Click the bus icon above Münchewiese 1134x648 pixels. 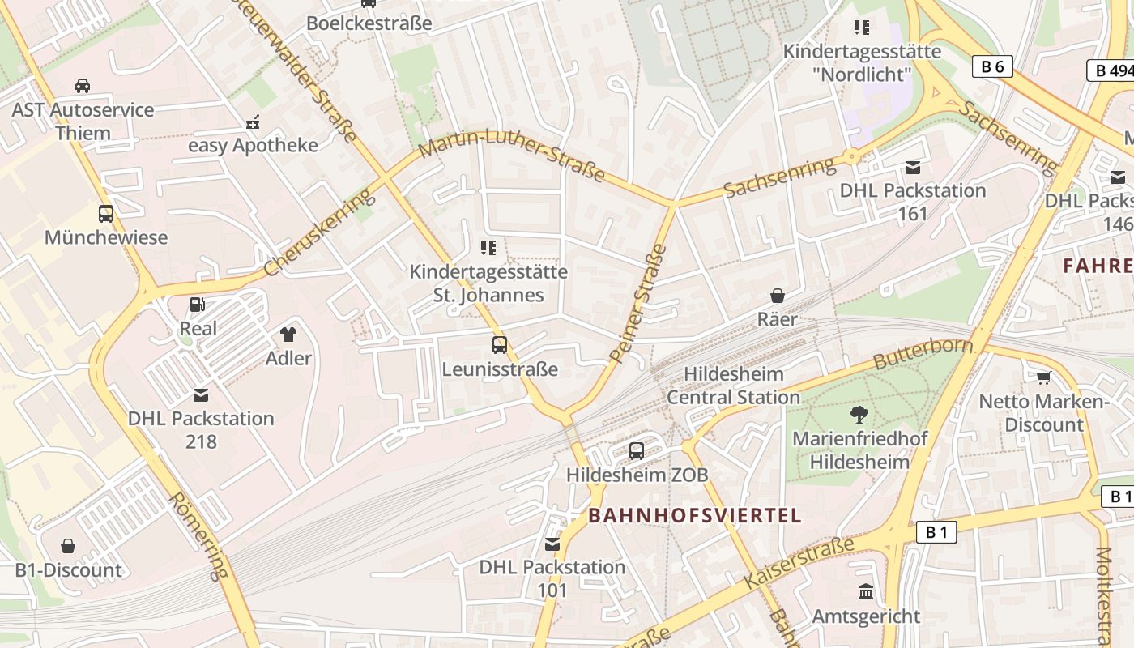point(106,214)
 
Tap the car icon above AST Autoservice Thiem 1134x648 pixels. point(83,86)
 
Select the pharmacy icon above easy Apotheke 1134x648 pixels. point(253,122)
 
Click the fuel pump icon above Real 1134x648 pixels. point(197,305)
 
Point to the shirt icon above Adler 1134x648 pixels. point(288,334)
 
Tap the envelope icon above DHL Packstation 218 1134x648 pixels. point(201,395)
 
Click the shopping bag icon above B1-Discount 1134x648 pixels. point(68,546)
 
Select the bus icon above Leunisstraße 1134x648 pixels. point(500,345)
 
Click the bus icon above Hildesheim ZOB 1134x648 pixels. point(637,450)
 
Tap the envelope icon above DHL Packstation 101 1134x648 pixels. point(552,544)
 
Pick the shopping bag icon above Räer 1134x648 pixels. point(778,296)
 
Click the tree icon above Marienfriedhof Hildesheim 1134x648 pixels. point(859,415)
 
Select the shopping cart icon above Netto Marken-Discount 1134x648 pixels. point(1043,377)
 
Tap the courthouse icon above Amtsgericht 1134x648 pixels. point(866,592)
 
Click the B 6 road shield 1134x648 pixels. point(992,66)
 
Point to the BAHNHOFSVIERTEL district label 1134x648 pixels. point(695,515)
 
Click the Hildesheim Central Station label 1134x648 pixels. point(733,386)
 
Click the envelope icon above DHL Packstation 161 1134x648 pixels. point(913,168)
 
